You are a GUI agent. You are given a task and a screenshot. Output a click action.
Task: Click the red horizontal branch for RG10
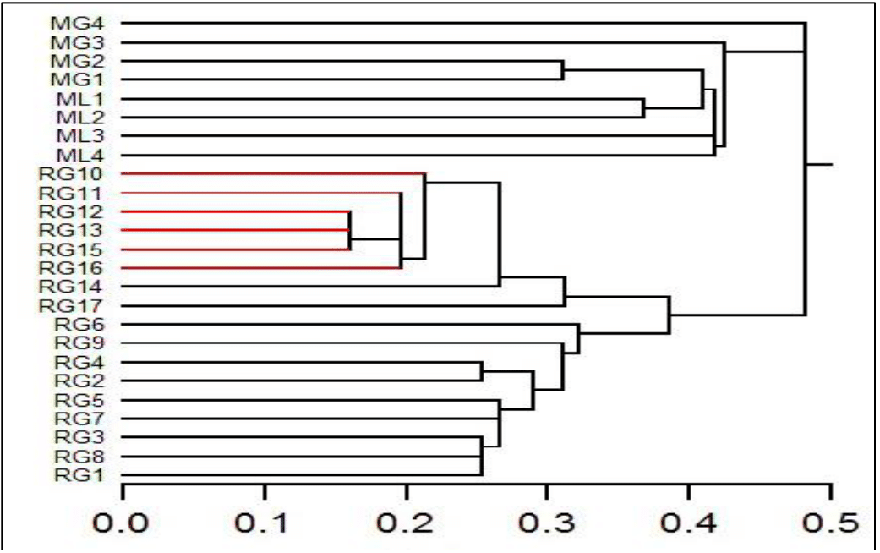point(271,174)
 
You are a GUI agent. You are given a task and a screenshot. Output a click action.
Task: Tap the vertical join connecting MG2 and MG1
point(563,70)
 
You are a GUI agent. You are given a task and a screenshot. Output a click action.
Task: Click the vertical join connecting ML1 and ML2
point(644,107)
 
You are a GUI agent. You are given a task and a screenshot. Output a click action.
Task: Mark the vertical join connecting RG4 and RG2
point(482,371)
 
